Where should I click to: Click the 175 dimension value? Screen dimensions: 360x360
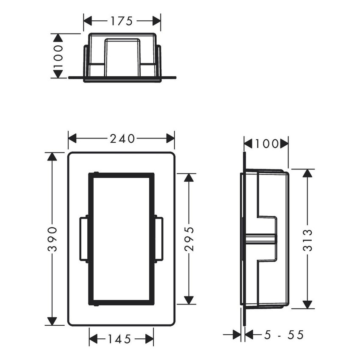[x=122, y=20]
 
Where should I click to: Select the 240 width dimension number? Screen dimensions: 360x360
[x=122, y=138]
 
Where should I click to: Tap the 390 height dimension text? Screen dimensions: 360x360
[x=52, y=239]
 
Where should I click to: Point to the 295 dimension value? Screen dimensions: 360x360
[x=189, y=239]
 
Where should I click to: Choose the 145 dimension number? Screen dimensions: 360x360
[x=121, y=339]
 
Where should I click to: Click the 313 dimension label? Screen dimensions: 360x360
[x=308, y=240]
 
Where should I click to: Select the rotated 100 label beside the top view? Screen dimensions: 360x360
[x=58, y=56]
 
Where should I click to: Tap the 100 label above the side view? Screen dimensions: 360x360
[x=266, y=144]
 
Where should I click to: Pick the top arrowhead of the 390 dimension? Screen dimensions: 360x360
[x=52, y=157]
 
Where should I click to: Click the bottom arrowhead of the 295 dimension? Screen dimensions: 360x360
[x=189, y=300]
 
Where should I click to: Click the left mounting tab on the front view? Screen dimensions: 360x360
[x=83, y=239]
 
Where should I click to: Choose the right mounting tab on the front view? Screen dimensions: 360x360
[x=159, y=239]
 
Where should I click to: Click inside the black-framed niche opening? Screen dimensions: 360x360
[x=121, y=239]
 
